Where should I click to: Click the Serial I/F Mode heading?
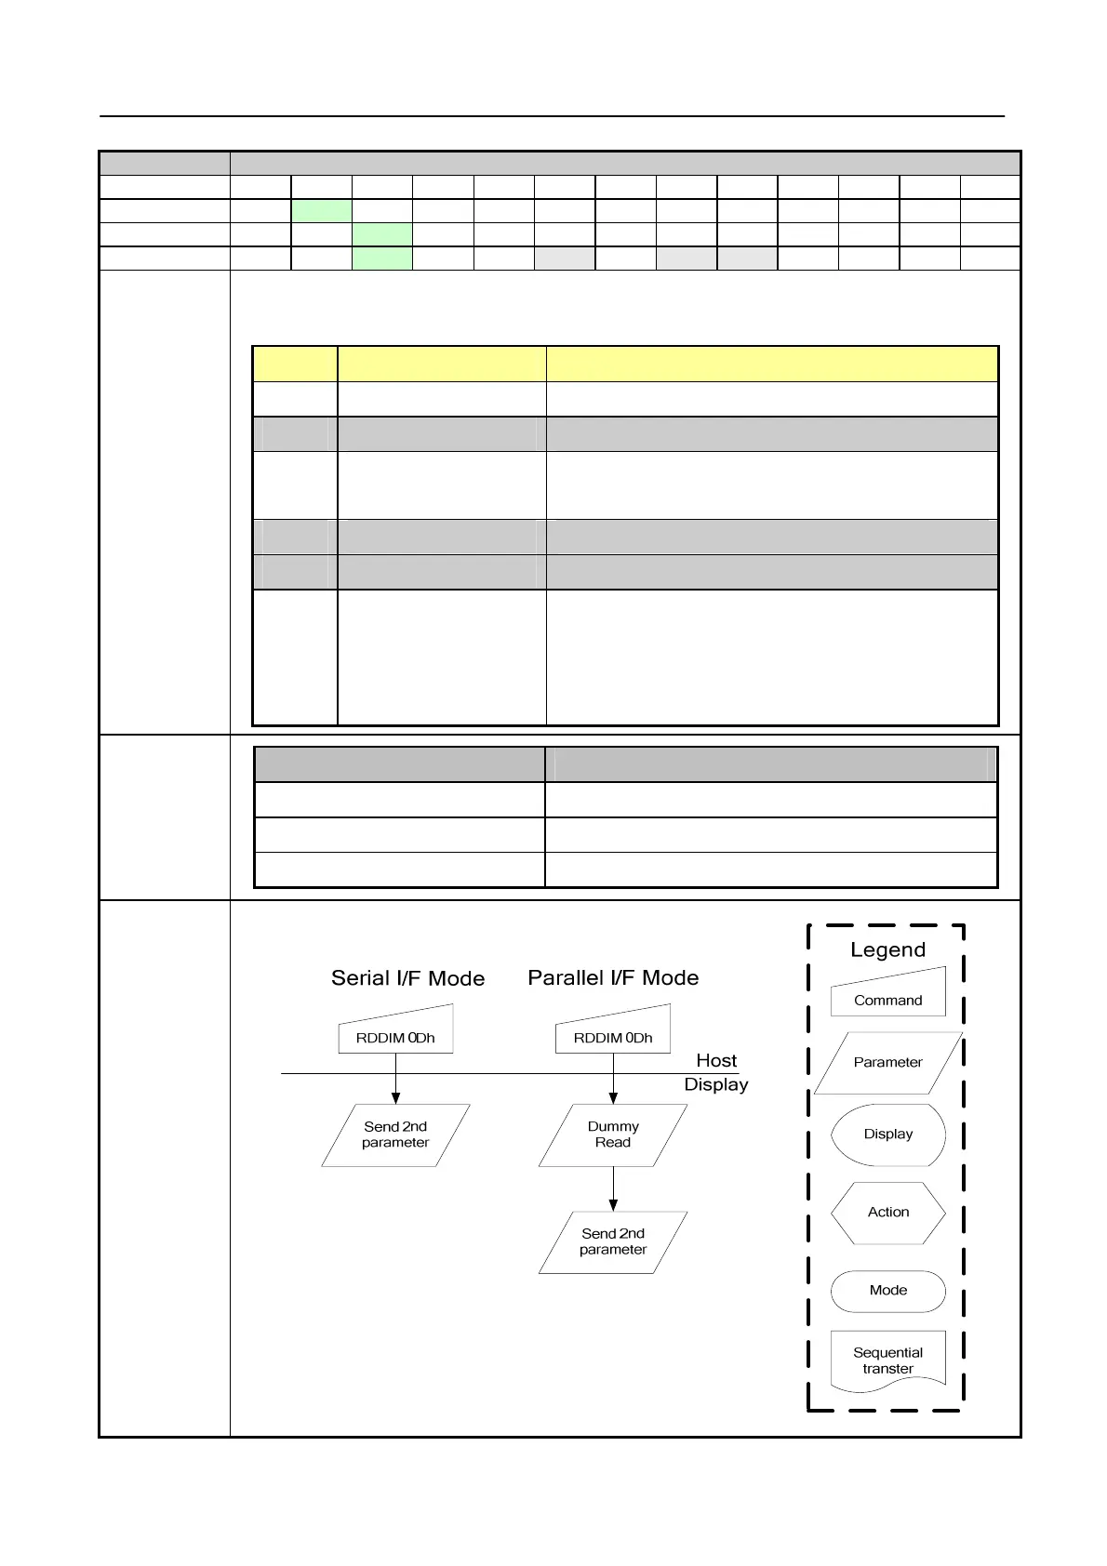coord(407,978)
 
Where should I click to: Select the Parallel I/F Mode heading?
coord(613,978)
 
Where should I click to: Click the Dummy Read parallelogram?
coord(613,1135)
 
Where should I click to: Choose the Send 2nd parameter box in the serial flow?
coord(395,1135)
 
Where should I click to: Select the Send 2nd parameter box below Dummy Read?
coord(613,1241)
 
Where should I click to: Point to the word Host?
coord(716,1060)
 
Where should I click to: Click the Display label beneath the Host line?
coord(716,1084)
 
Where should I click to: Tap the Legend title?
coord(887,949)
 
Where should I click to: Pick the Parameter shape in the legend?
coord(888,1062)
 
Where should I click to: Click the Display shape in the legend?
coord(888,1135)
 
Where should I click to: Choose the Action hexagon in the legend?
coord(888,1213)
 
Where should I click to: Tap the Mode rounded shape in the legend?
coord(888,1291)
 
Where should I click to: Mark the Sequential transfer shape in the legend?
coord(888,1360)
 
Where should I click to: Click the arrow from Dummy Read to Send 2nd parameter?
coord(613,1188)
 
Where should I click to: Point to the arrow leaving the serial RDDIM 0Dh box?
coord(395,1084)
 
